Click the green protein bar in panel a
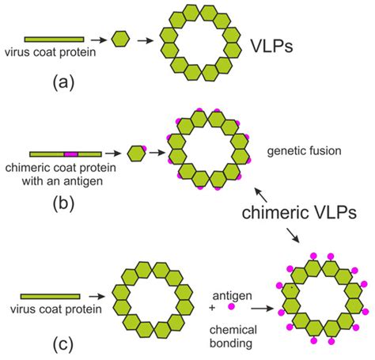(x=54, y=38)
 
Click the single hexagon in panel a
(x=120, y=38)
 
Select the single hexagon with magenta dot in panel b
(x=136, y=152)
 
